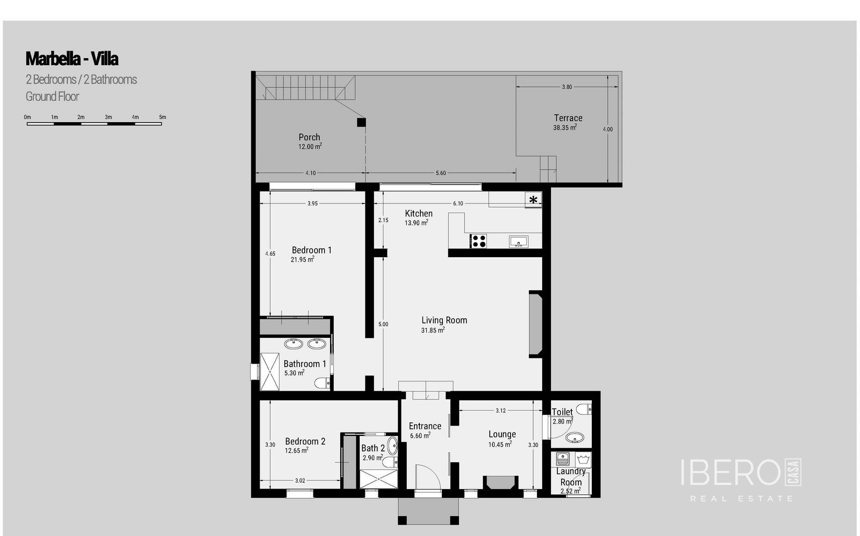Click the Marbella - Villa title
click(x=72, y=59)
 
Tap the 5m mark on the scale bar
click(x=162, y=117)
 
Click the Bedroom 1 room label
click(x=311, y=250)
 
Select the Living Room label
click(x=444, y=320)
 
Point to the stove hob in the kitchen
click(x=478, y=241)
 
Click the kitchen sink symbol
click(x=519, y=242)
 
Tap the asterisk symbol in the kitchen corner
click(x=533, y=200)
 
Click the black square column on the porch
click(x=361, y=122)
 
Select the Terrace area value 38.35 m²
click(x=565, y=128)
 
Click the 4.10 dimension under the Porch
click(x=311, y=173)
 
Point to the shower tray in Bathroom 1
click(x=269, y=371)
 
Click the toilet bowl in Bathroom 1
click(x=322, y=383)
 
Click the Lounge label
click(x=502, y=434)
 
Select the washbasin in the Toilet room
click(x=575, y=438)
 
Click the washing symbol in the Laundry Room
click(x=583, y=460)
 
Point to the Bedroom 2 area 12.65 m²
click(x=296, y=450)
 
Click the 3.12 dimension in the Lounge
click(x=500, y=411)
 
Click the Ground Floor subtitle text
click(x=52, y=96)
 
